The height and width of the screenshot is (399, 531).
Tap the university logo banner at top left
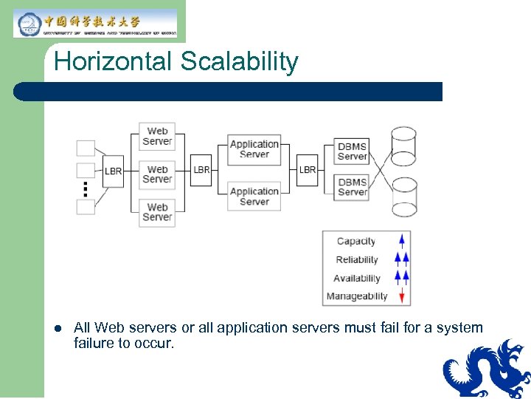coord(95,23)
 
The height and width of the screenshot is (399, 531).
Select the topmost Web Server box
coord(157,137)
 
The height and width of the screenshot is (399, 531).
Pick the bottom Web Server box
coord(157,212)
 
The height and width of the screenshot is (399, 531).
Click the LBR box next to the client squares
coord(113,171)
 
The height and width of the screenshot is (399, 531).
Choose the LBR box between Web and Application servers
coord(201,170)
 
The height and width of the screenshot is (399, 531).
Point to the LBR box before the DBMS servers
coord(308,170)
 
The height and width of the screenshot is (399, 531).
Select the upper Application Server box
coord(254,149)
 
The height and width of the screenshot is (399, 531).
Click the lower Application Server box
coord(254,196)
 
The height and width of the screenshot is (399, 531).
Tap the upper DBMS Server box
coord(352,151)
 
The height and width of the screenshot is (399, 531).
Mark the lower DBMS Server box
coord(352,187)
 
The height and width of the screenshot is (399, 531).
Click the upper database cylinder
coord(403,146)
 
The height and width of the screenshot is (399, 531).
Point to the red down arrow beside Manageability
coord(402,296)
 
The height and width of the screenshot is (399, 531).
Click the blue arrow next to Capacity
coord(402,241)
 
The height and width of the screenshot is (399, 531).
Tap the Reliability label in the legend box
coord(357,260)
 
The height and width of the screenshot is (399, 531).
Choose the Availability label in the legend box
coord(357,279)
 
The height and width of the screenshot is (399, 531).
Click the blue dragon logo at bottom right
coord(487,369)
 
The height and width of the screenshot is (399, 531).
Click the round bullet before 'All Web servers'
coord(58,328)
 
